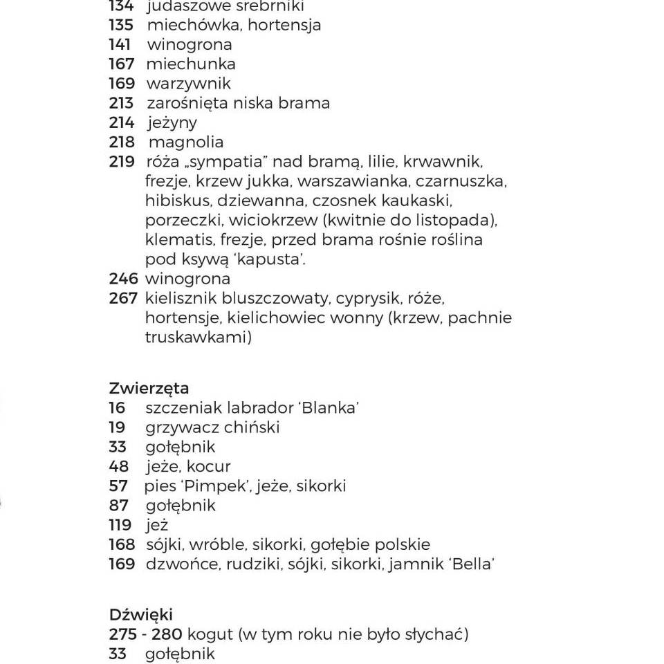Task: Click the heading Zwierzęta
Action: (x=149, y=389)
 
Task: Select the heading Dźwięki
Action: (x=141, y=614)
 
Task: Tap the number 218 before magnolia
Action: (x=122, y=142)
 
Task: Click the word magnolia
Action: (x=186, y=142)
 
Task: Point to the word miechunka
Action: (x=191, y=64)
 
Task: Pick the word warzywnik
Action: (x=188, y=84)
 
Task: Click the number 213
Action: (x=121, y=103)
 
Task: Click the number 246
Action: (x=123, y=279)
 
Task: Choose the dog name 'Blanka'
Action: (x=330, y=407)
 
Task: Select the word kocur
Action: (x=209, y=466)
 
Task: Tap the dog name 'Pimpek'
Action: (x=216, y=486)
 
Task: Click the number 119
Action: (x=120, y=525)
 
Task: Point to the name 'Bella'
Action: (x=472, y=564)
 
